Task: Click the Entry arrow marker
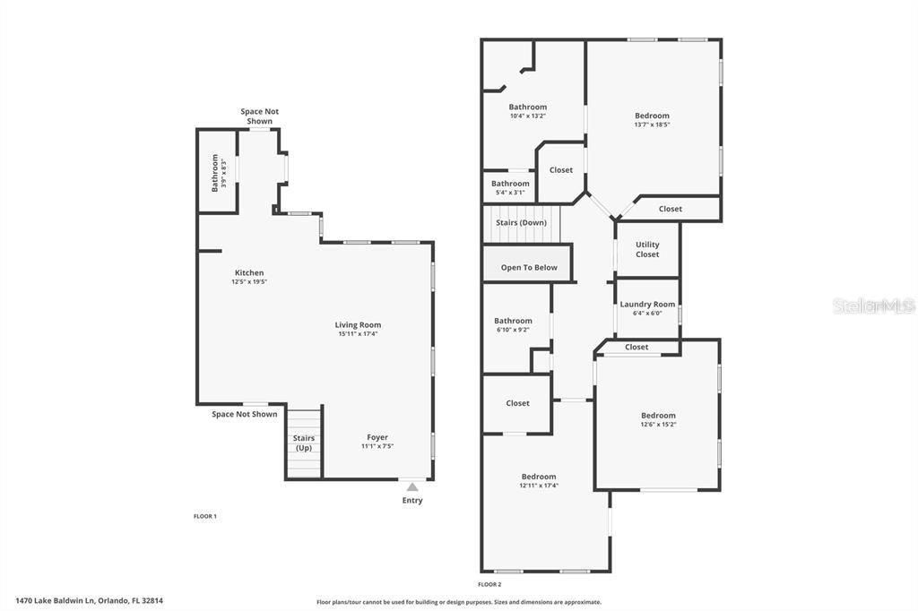tap(412, 487)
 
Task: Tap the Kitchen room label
tap(249, 272)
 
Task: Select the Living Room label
tap(358, 324)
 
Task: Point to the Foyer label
tap(377, 437)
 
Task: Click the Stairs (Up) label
tap(304, 443)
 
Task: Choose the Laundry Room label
tap(647, 304)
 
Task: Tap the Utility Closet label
tap(647, 249)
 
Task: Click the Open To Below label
tap(529, 267)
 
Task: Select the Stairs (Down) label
tap(521, 222)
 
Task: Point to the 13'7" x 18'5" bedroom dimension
tap(652, 125)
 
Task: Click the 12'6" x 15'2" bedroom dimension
tap(658, 425)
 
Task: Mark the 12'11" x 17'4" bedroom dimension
tap(539, 486)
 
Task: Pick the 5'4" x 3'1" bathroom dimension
tap(510, 193)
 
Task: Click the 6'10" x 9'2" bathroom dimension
tap(513, 330)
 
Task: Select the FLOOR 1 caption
tap(205, 516)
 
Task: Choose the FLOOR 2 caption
tap(489, 584)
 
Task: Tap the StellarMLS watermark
tap(873, 305)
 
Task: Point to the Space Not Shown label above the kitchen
tap(259, 116)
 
